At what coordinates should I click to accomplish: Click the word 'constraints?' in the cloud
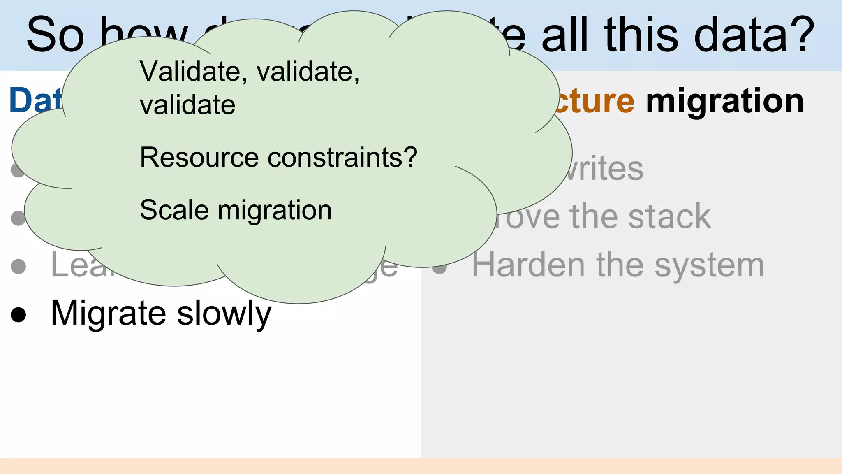(342, 158)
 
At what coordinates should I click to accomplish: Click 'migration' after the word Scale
(275, 210)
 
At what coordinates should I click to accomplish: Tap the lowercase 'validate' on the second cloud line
(187, 105)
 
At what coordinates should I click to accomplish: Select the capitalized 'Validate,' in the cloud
(193, 72)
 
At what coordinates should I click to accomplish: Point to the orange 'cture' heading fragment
(595, 102)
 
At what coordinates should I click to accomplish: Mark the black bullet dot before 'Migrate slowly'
(18, 315)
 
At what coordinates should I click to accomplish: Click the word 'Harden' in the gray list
(528, 265)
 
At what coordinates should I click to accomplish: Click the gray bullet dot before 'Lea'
(18, 266)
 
